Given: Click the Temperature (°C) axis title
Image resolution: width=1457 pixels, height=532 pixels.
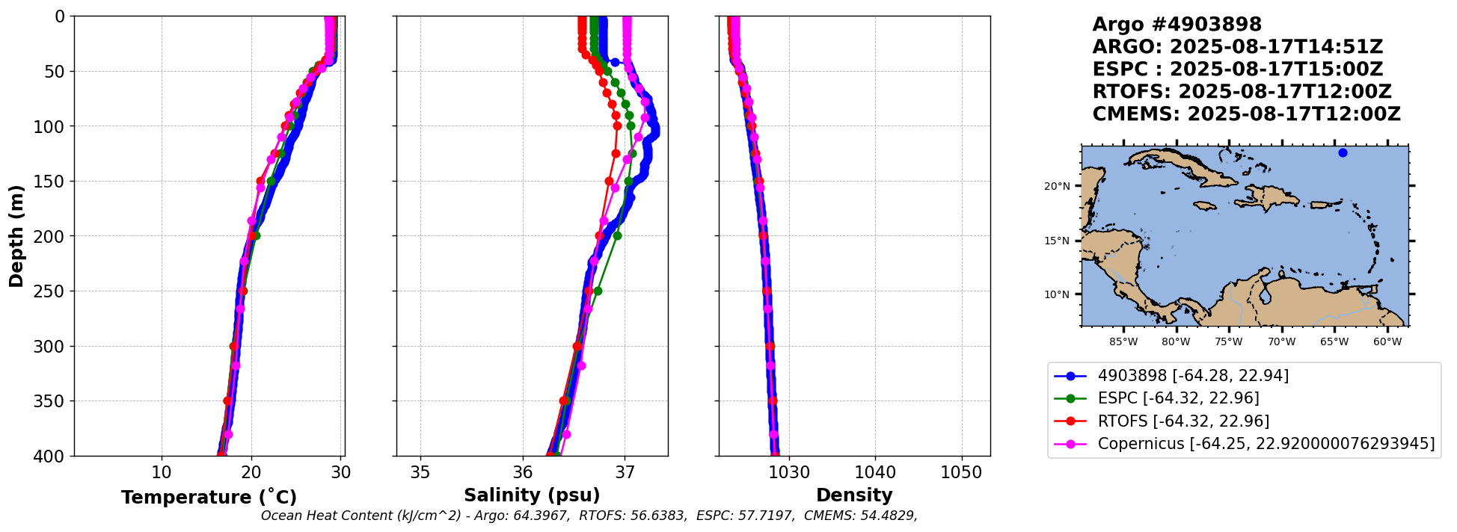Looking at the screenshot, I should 209,498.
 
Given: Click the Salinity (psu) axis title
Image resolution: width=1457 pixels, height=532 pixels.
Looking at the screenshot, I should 532,495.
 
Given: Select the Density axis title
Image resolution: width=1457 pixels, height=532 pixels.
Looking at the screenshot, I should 854,495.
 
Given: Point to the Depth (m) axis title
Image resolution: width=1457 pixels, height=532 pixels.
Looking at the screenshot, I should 16,236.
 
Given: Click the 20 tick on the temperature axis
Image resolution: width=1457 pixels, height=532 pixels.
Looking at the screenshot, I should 251,472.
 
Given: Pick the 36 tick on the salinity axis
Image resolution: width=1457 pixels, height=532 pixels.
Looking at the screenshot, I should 522,472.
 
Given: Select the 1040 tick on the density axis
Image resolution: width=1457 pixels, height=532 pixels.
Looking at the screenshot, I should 875,472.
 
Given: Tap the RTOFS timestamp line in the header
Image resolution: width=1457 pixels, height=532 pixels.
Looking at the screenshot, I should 1242,92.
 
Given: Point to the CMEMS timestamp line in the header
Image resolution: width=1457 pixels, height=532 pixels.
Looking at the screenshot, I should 1246,114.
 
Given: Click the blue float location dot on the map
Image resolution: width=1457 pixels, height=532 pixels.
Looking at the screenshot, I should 1343,153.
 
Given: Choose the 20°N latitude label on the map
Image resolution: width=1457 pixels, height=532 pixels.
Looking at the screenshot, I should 1057,186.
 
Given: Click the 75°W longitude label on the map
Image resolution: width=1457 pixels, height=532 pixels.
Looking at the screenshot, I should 1228,342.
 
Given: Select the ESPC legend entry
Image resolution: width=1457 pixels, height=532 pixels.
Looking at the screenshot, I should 1178,398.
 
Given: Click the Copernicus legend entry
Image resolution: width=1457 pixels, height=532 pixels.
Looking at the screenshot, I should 1266,444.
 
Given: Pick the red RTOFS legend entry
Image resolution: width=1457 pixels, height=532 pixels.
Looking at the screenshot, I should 1183,421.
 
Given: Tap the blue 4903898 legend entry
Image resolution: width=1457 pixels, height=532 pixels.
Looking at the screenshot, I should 1193,376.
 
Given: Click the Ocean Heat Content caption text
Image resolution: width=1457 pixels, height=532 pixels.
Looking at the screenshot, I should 589,516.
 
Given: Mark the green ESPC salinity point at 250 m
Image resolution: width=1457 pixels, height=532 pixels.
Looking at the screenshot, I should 597,291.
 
